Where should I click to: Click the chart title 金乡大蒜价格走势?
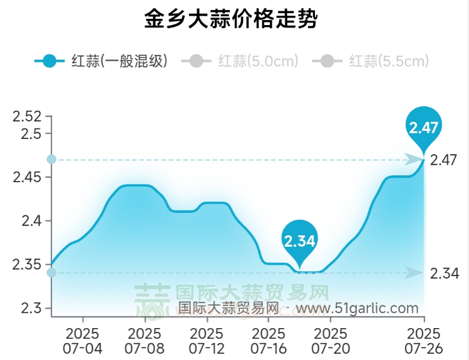click(230, 20)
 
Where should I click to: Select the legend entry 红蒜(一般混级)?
click(101, 61)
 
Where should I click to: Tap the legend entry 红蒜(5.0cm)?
click(240, 61)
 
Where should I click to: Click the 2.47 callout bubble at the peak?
click(424, 128)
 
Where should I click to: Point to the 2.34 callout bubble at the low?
click(299, 240)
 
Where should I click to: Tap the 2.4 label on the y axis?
click(30, 221)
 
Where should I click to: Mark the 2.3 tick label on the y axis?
click(30, 308)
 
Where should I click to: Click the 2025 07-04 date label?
click(83, 339)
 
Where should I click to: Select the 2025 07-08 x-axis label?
click(144, 339)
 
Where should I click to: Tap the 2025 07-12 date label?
click(206, 339)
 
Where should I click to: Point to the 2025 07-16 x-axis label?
click(268, 339)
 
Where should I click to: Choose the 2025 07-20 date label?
click(330, 339)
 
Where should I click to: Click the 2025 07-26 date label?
click(423, 339)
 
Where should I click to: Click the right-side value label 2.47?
click(444, 160)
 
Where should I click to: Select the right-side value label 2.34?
click(444, 274)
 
